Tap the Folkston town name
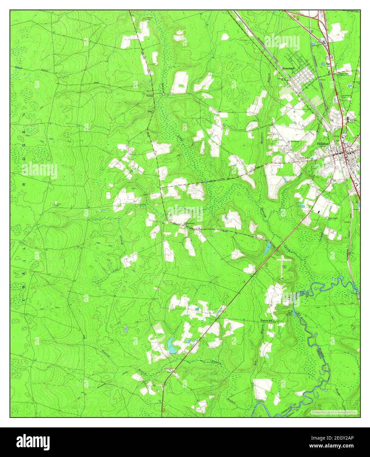[323, 144]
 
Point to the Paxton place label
[150, 96]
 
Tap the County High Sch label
[352, 120]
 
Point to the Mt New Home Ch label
[293, 142]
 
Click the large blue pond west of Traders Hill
[170, 345]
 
